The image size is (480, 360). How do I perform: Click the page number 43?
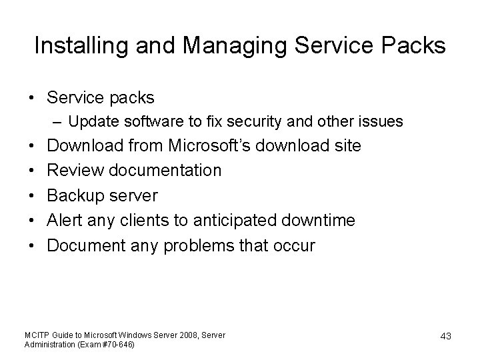(x=445, y=337)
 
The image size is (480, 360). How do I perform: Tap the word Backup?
(x=79, y=196)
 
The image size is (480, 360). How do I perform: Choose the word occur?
(x=293, y=246)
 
